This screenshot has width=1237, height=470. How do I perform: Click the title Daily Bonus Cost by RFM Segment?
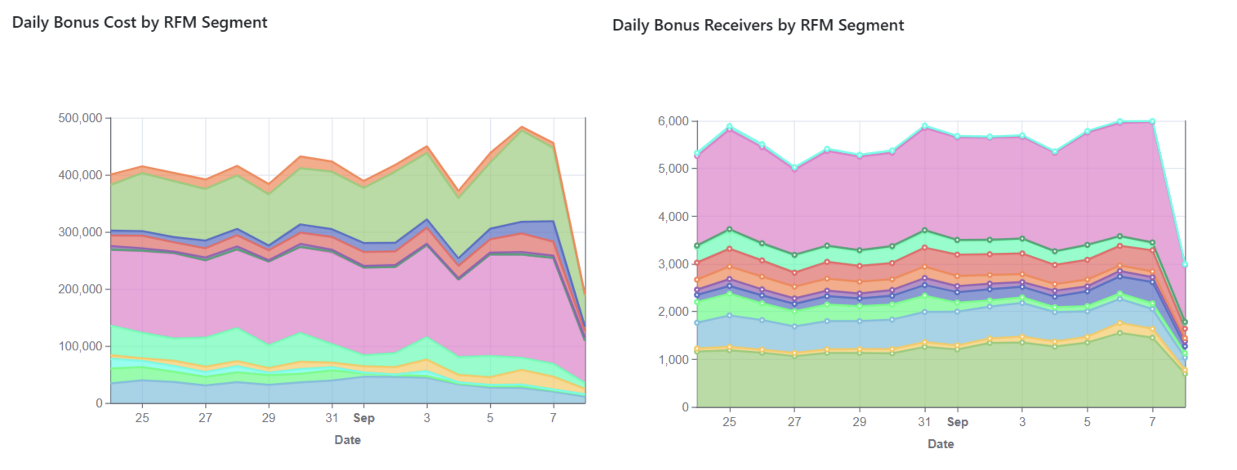[x=139, y=22]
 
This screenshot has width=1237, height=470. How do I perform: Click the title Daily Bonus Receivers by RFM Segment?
[x=758, y=25]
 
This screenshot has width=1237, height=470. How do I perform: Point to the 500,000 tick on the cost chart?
[x=80, y=118]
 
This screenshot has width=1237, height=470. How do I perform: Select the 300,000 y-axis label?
[x=80, y=232]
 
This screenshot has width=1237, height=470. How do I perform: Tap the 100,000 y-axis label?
[x=80, y=346]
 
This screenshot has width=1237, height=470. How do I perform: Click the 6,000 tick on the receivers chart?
[x=673, y=121]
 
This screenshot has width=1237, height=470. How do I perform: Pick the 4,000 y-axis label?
[x=673, y=217]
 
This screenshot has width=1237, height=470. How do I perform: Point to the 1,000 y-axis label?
[x=673, y=360]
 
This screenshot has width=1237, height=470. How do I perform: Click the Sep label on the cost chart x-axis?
[x=364, y=418]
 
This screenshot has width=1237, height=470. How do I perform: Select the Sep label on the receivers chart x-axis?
[x=957, y=422]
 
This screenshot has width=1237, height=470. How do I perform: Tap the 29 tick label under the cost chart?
[x=269, y=418]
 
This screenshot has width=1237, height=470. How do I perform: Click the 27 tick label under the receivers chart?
[x=794, y=422]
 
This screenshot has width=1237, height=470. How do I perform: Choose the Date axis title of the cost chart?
[x=348, y=440]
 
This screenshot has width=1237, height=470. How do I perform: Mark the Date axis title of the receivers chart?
[x=941, y=444]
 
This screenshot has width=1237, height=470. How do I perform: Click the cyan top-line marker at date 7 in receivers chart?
[x=1153, y=121]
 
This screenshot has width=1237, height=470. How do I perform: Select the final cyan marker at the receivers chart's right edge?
[x=1185, y=264]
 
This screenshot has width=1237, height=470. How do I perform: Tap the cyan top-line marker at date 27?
[x=794, y=168]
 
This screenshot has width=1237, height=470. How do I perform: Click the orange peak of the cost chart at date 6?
[x=522, y=127]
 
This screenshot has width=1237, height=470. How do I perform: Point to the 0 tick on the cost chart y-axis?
[x=99, y=403]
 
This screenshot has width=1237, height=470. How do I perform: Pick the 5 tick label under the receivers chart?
[x=1087, y=422]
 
